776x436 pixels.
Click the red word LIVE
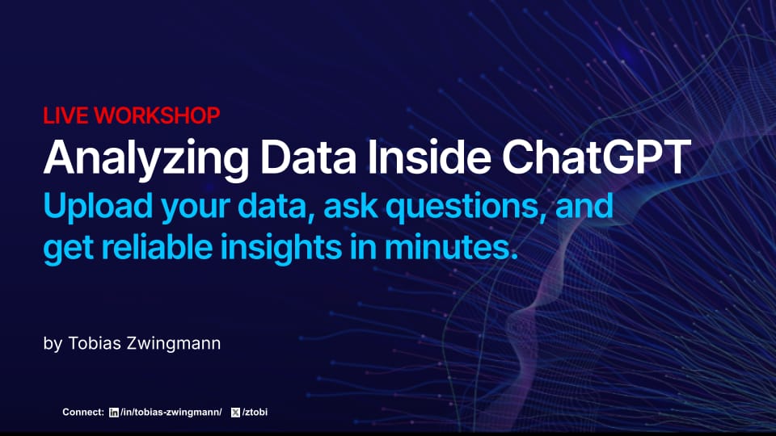coord(65,115)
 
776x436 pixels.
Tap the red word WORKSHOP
coord(157,115)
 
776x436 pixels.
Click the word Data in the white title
coord(308,157)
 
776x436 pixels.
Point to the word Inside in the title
coord(428,157)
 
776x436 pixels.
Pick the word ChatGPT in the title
coord(597,157)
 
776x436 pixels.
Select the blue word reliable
coord(157,246)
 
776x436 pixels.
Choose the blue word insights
coord(281,248)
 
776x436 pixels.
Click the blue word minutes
coord(451,246)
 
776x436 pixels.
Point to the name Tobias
coord(95,343)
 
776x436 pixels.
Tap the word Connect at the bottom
coord(83,412)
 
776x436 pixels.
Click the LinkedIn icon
coord(114,413)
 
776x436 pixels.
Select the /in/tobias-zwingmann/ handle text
coord(171,413)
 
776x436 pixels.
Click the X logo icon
coord(235,413)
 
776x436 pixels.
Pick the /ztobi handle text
coord(255,413)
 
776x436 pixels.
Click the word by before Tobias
coord(53,344)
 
